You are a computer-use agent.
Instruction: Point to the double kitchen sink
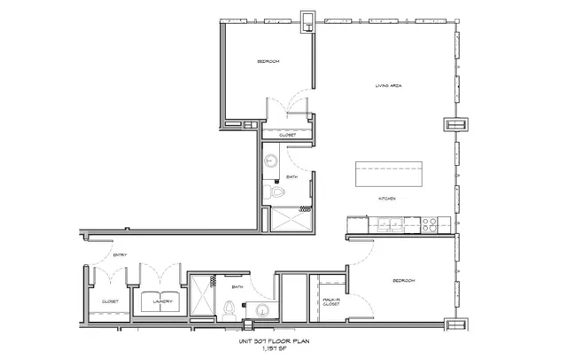[x=390, y=223]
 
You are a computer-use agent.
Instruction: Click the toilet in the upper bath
[x=276, y=192]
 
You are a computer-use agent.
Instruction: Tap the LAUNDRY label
[x=160, y=301]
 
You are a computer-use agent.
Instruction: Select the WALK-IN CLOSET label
[x=332, y=302]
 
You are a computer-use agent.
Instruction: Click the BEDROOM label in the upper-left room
[x=268, y=61]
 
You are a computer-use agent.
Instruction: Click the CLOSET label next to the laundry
[x=110, y=301]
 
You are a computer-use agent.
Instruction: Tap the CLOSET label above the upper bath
[x=287, y=135]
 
